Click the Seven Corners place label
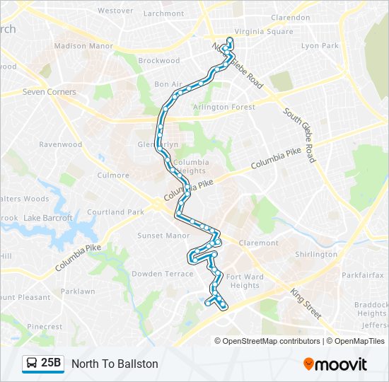(49, 92)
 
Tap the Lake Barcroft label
(48, 218)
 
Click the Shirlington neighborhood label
(316, 254)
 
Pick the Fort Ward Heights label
(245, 281)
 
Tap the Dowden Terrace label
(162, 274)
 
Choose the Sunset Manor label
(163, 236)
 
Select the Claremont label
(260, 243)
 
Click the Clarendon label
(290, 18)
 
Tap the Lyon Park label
(320, 45)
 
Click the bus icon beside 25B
(33, 364)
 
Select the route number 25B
(51, 364)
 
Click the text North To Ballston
(115, 364)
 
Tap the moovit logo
(335, 364)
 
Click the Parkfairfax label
(363, 274)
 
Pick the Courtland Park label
(115, 212)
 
